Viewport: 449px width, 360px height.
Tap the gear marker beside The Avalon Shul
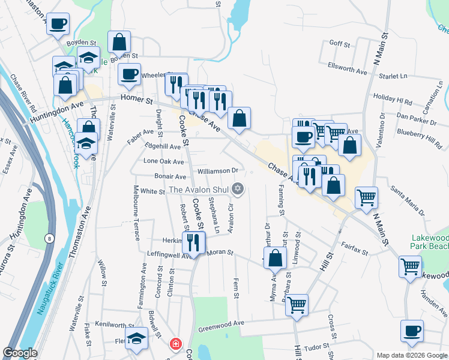[238, 190]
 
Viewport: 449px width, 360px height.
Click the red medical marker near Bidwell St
[175, 344]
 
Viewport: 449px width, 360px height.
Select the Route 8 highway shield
[49, 239]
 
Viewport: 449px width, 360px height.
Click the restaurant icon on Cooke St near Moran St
[193, 242]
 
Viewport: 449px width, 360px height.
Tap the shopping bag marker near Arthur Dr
[275, 259]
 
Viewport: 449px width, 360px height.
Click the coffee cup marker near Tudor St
[412, 331]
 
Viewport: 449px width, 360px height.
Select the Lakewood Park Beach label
[429, 242]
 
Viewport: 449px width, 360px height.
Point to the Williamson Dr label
[218, 171]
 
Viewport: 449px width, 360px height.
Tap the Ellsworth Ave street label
[347, 68]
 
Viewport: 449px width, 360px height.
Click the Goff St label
[340, 43]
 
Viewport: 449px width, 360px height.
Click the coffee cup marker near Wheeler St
[129, 74]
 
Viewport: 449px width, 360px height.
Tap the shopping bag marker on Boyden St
[119, 42]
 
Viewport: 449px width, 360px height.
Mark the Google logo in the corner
[20, 353]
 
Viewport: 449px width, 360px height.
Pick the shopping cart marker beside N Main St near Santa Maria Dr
[366, 197]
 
